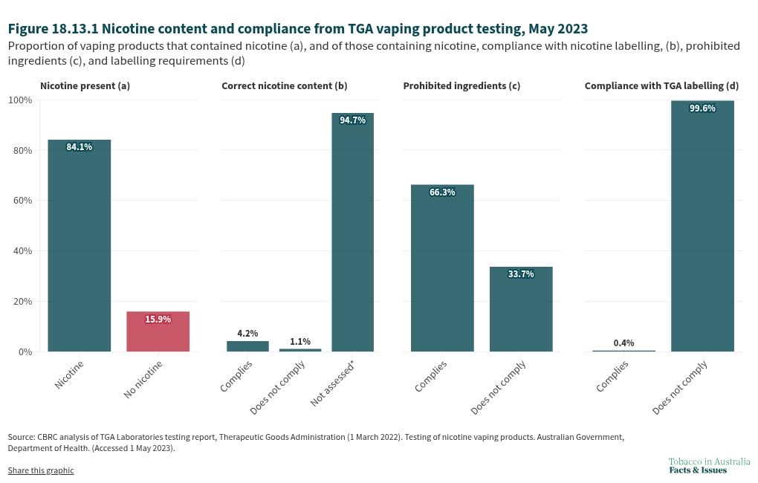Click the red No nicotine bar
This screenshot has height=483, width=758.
coord(158,331)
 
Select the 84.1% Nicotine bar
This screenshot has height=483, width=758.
coord(80,246)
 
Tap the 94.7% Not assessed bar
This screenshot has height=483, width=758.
coord(352,232)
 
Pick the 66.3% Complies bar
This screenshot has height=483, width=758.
coord(442,268)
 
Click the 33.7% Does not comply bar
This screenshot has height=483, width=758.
coord(521,309)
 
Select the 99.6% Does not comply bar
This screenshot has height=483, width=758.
coord(702,226)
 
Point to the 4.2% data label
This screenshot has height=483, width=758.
coord(247,333)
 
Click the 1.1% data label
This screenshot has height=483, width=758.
coord(300,341)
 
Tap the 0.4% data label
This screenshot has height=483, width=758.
coord(623,343)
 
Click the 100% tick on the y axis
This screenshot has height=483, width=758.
coord(20,100)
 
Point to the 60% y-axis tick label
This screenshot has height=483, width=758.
coord(22,200)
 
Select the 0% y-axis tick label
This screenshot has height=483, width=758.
coord(25,352)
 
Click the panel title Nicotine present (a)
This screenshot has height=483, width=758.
coord(85,86)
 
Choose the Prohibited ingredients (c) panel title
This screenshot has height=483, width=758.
coord(461,86)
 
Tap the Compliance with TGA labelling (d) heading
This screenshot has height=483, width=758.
coord(662,86)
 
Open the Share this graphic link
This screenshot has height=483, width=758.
coord(41,470)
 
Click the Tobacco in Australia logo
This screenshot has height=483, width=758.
coord(709,466)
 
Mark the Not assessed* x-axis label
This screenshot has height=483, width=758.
coord(333,383)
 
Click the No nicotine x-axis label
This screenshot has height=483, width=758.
coord(143,380)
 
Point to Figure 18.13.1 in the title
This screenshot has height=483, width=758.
coord(54,28)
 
